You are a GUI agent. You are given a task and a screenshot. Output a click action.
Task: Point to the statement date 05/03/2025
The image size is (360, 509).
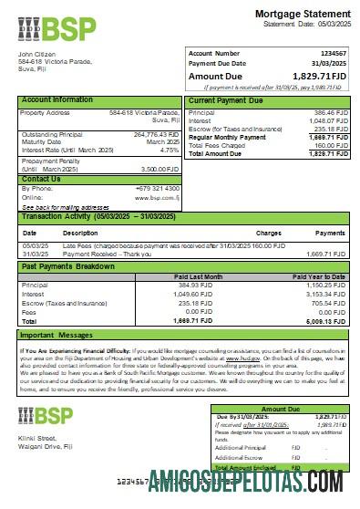coord(329,25)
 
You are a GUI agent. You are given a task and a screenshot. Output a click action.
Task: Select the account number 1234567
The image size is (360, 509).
coord(334,54)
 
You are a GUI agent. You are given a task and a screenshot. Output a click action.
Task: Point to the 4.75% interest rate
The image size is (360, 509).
coord(170,150)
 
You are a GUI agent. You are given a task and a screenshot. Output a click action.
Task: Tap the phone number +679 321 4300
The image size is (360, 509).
coord(156,188)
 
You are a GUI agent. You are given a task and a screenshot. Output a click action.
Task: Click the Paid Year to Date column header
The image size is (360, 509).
coord(320,275)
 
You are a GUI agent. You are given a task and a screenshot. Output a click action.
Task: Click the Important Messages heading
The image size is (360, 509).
coord(61,335)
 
